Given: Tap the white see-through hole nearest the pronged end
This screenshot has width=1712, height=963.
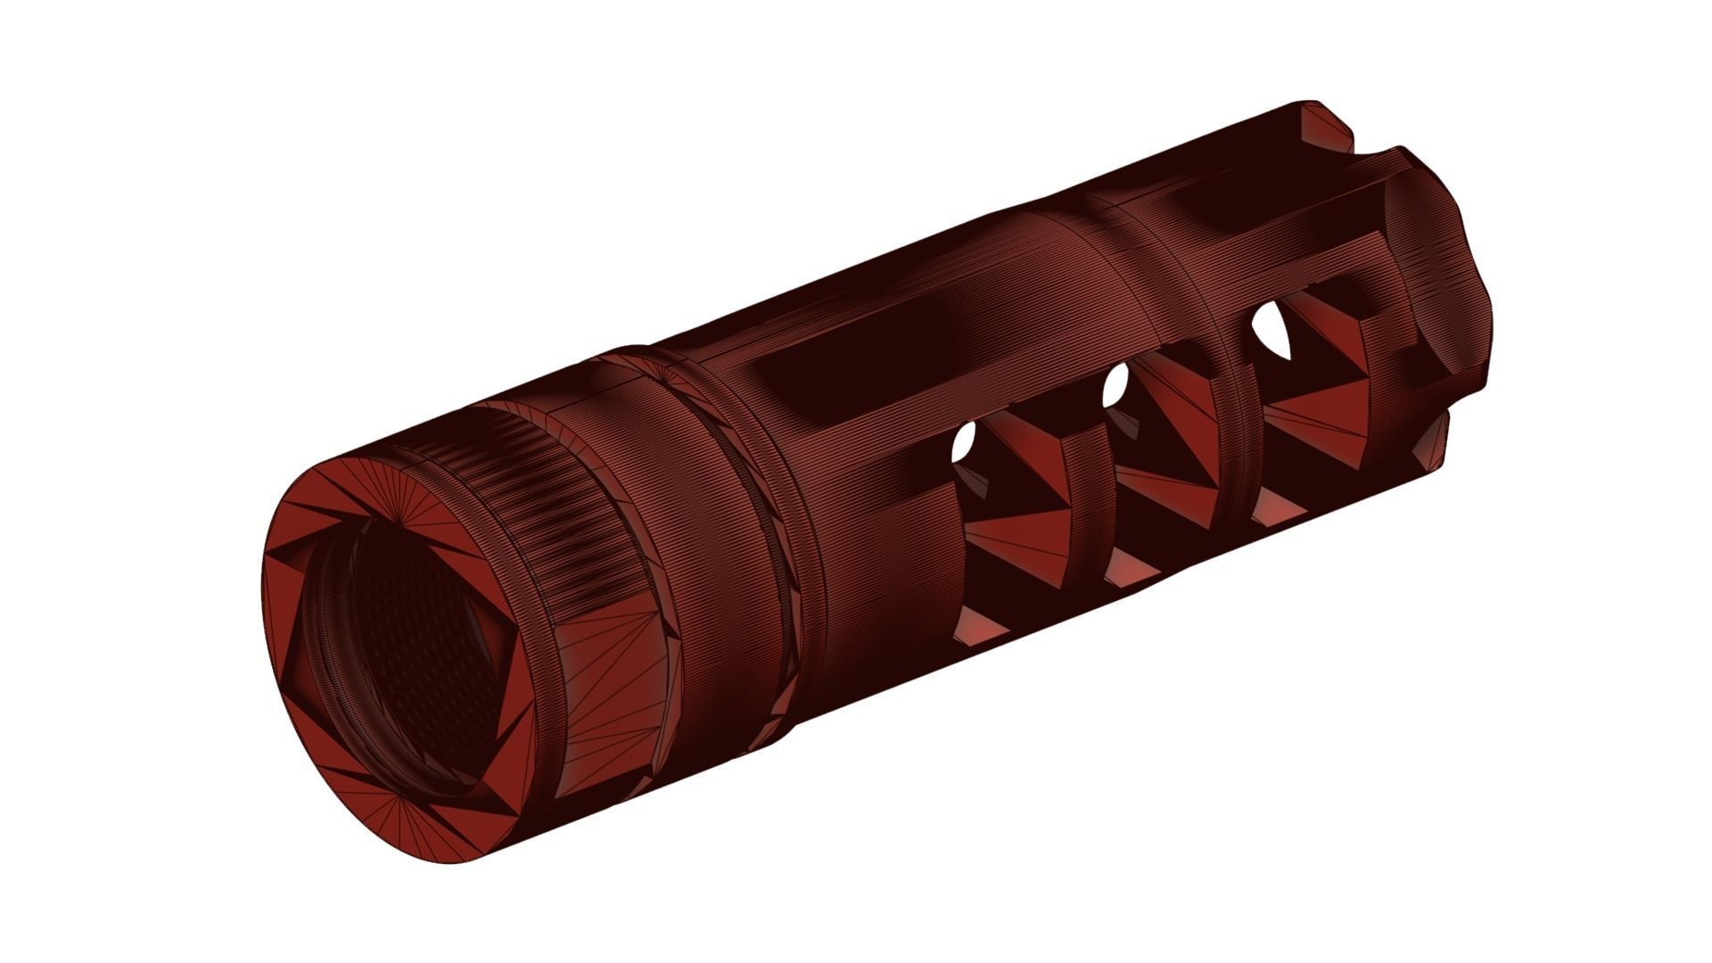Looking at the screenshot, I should tap(1271, 330).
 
